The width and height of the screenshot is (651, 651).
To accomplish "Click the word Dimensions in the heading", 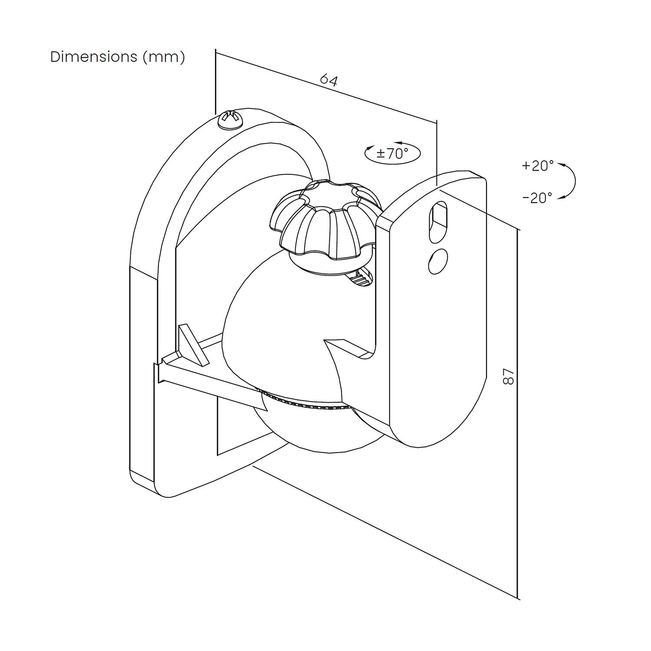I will click(94, 57).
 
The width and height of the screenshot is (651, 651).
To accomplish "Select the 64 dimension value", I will click(329, 80).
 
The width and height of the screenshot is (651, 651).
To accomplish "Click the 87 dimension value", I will click(508, 376).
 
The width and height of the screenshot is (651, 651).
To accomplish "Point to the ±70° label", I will click(392, 153).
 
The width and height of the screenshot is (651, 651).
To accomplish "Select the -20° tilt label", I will click(537, 198).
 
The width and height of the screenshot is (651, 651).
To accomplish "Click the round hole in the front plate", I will click(437, 260).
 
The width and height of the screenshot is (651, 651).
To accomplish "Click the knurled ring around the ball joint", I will click(304, 401).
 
